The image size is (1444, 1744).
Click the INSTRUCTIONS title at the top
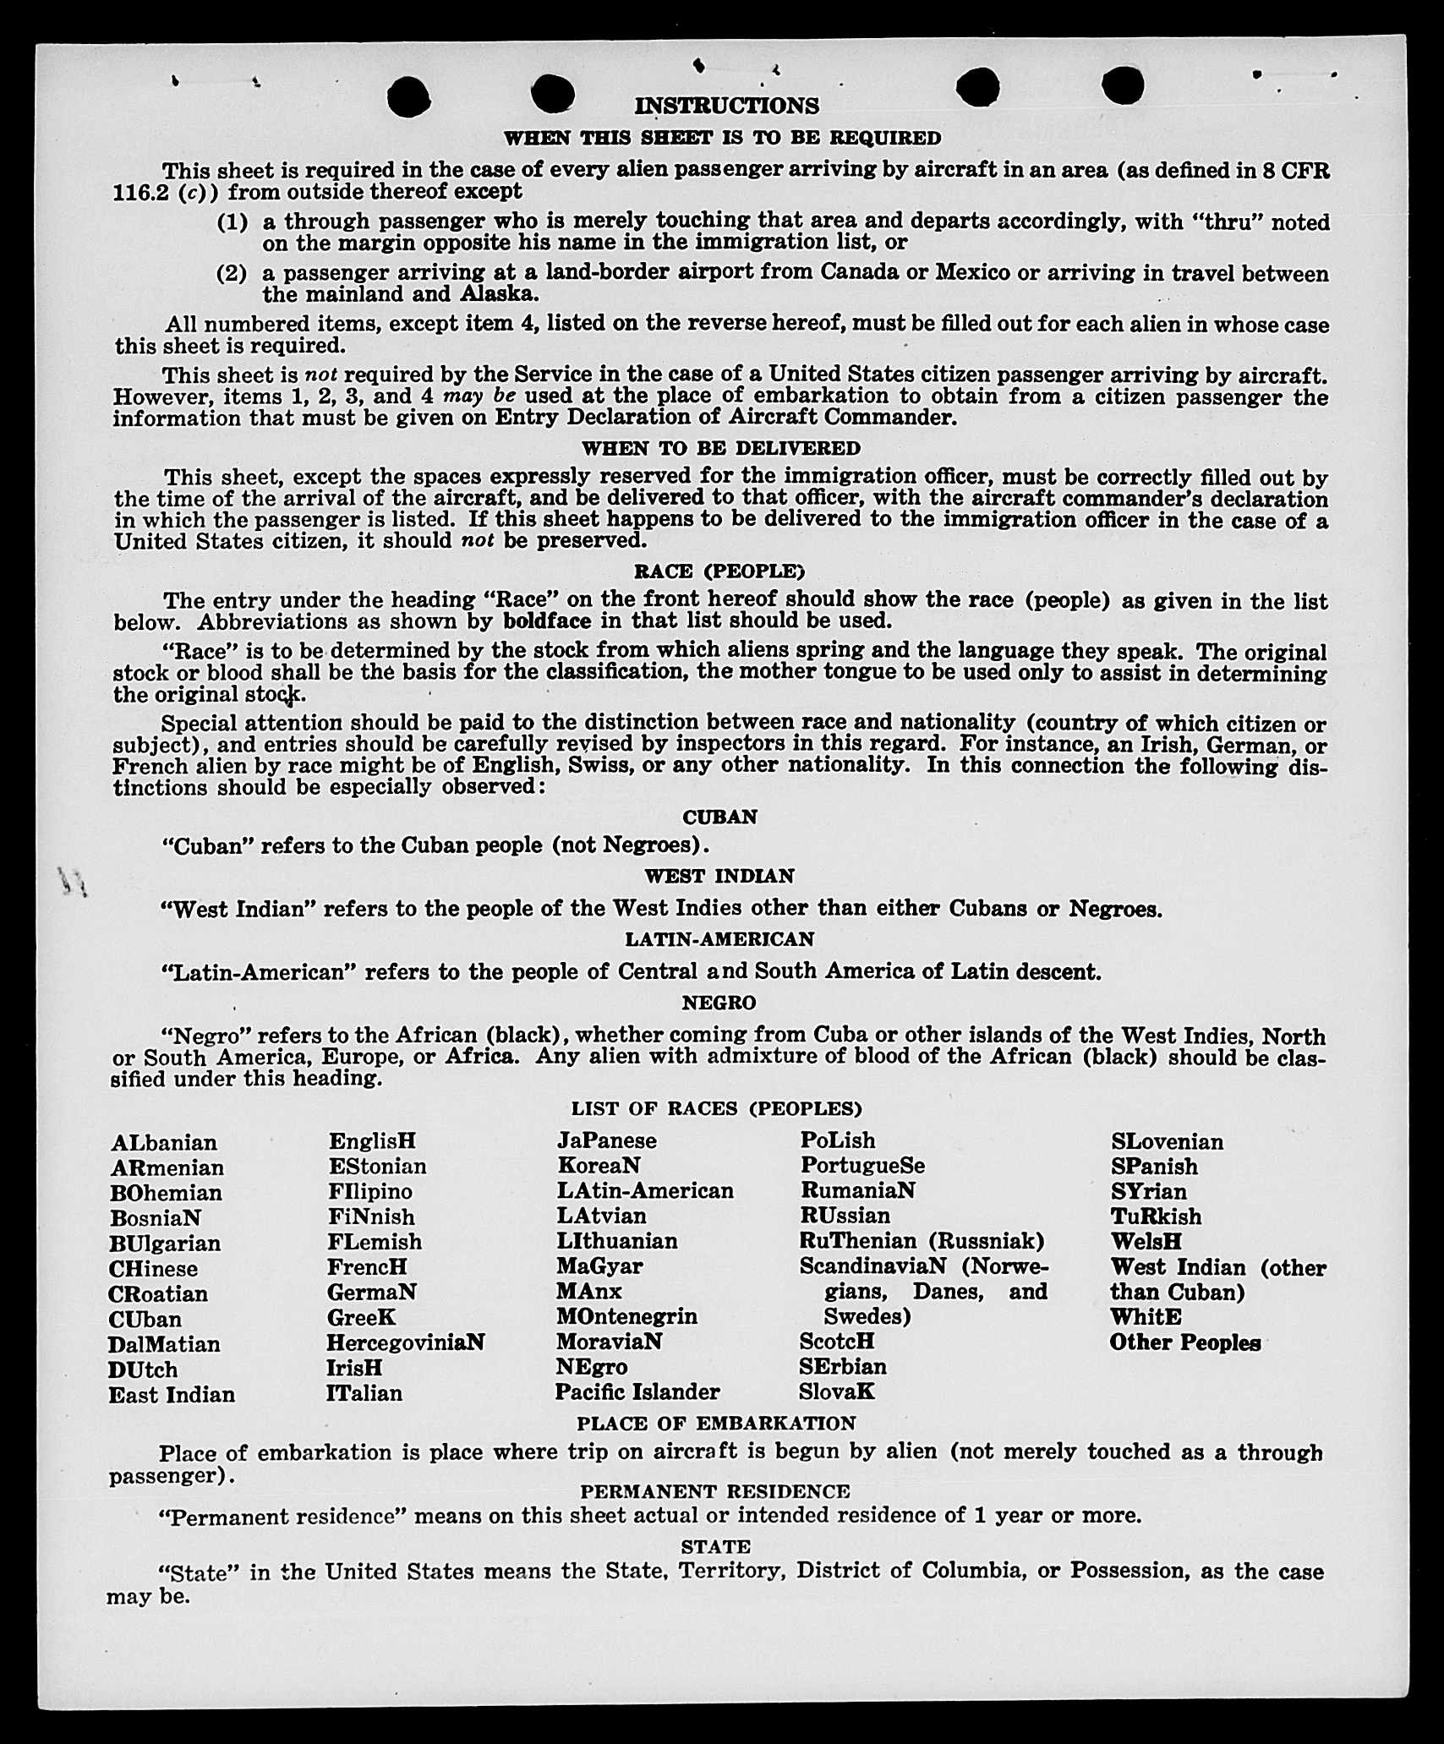click(726, 106)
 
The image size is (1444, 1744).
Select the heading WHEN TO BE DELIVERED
click(720, 448)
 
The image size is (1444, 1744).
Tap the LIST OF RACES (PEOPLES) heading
click(716, 1108)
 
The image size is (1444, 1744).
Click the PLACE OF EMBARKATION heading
click(716, 1424)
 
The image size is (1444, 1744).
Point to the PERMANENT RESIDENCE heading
click(714, 1491)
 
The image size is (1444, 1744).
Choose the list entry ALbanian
click(163, 1143)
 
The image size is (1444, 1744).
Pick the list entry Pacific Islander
click(637, 1391)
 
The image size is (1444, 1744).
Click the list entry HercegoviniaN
click(406, 1342)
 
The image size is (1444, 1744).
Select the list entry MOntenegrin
click(626, 1317)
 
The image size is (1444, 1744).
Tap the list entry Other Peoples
click(1184, 1342)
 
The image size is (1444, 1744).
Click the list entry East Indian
click(172, 1395)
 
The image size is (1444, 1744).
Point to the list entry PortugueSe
click(862, 1166)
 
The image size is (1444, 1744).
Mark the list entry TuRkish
click(1156, 1216)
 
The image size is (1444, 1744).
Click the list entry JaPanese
click(606, 1141)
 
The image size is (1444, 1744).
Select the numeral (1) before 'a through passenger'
click(232, 222)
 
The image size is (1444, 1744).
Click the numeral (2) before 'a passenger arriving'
click(232, 274)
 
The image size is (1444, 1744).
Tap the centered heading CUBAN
click(719, 817)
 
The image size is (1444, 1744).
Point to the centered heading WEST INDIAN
click(719, 877)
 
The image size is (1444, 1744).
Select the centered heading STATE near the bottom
click(715, 1547)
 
